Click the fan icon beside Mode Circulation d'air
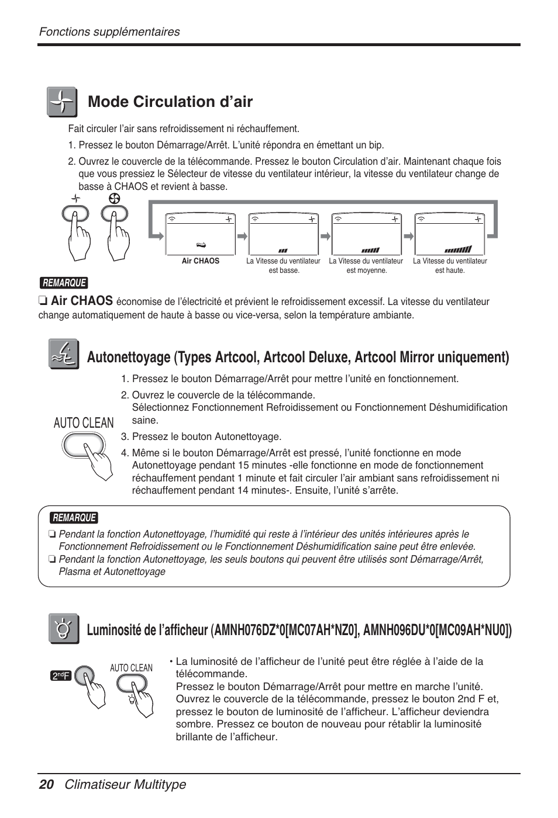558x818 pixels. click(62, 102)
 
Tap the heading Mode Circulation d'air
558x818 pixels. click(170, 102)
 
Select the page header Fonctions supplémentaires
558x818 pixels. click(109, 32)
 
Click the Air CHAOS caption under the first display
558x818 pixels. click(201, 261)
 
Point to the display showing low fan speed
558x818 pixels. click(283, 234)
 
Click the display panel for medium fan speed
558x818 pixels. click(366, 234)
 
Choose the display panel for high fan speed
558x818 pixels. click(450, 234)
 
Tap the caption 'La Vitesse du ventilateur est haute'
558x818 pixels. click(450, 266)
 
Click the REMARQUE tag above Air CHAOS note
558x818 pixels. click(64, 283)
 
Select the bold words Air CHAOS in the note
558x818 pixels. click(81, 301)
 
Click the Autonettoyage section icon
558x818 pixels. click(63, 355)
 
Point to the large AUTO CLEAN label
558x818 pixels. click(84, 423)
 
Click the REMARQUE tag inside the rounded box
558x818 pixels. click(74, 518)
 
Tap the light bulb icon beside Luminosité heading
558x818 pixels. click(63, 629)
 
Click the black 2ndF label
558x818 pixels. click(61, 676)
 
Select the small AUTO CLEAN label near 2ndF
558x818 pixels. click(131, 668)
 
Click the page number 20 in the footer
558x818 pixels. click(46, 785)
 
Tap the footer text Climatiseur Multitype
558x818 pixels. click(125, 785)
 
